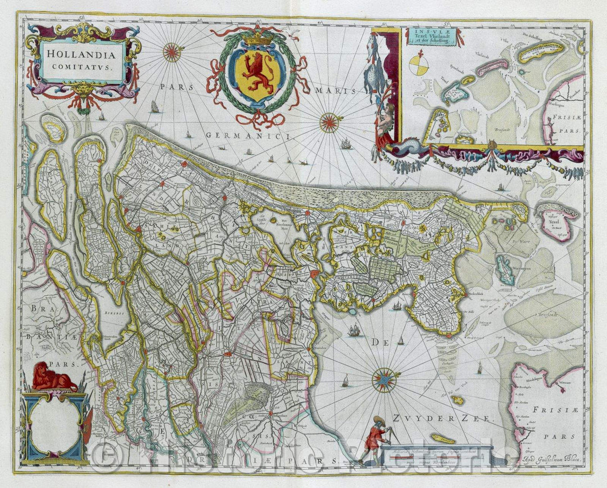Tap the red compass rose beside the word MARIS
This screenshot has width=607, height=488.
click(x=329, y=122)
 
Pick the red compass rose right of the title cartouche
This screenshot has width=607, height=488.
click(x=173, y=52)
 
